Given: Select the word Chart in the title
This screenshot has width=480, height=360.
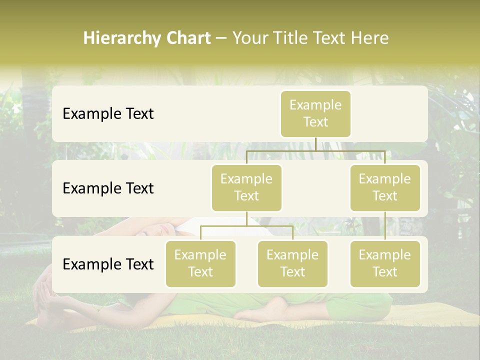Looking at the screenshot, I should click(x=186, y=38).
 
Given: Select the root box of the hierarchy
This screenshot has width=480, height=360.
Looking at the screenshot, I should click(x=315, y=113).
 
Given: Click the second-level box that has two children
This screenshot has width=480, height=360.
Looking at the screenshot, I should click(x=246, y=187).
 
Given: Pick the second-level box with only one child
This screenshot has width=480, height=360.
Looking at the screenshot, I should click(x=385, y=187).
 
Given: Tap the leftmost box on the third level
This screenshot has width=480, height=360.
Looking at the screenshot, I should click(x=200, y=263).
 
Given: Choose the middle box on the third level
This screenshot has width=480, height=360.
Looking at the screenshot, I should click(x=292, y=263).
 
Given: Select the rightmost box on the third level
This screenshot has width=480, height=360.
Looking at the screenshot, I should click(x=385, y=263).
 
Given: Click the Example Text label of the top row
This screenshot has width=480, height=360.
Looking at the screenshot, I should click(x=108, y=114).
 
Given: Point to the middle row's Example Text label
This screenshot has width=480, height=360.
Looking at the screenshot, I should click(x=108, y=188).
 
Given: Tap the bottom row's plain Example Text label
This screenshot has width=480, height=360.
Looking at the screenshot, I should click(x=108, y=264).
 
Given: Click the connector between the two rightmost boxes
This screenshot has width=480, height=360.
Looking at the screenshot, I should click(x=385, y=226).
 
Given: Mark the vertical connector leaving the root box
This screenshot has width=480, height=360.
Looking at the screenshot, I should click(x=315, y=144).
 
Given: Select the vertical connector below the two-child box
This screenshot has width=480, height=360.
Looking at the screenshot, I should click(x=246, y=218).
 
